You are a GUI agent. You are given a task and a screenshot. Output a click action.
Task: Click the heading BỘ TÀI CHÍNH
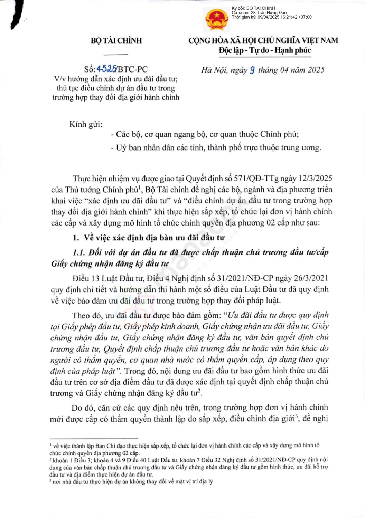click(x=116, y=40)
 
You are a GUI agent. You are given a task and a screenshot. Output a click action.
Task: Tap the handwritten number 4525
click(x=107, y=69)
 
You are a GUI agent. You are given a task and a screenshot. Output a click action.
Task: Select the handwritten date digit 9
click(x=252, y=70)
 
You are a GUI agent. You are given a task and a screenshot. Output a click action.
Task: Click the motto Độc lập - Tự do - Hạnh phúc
click(x=265, y=50)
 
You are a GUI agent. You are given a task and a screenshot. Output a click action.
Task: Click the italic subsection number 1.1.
click(x=79, y=252)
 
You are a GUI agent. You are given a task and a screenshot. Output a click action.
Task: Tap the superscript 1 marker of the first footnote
click(x=51, y=445)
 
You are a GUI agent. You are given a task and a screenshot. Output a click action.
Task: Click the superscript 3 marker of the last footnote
click(x=50, y=480)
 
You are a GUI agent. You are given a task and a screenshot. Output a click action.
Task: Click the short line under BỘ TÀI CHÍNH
click(x=116, y=54)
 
